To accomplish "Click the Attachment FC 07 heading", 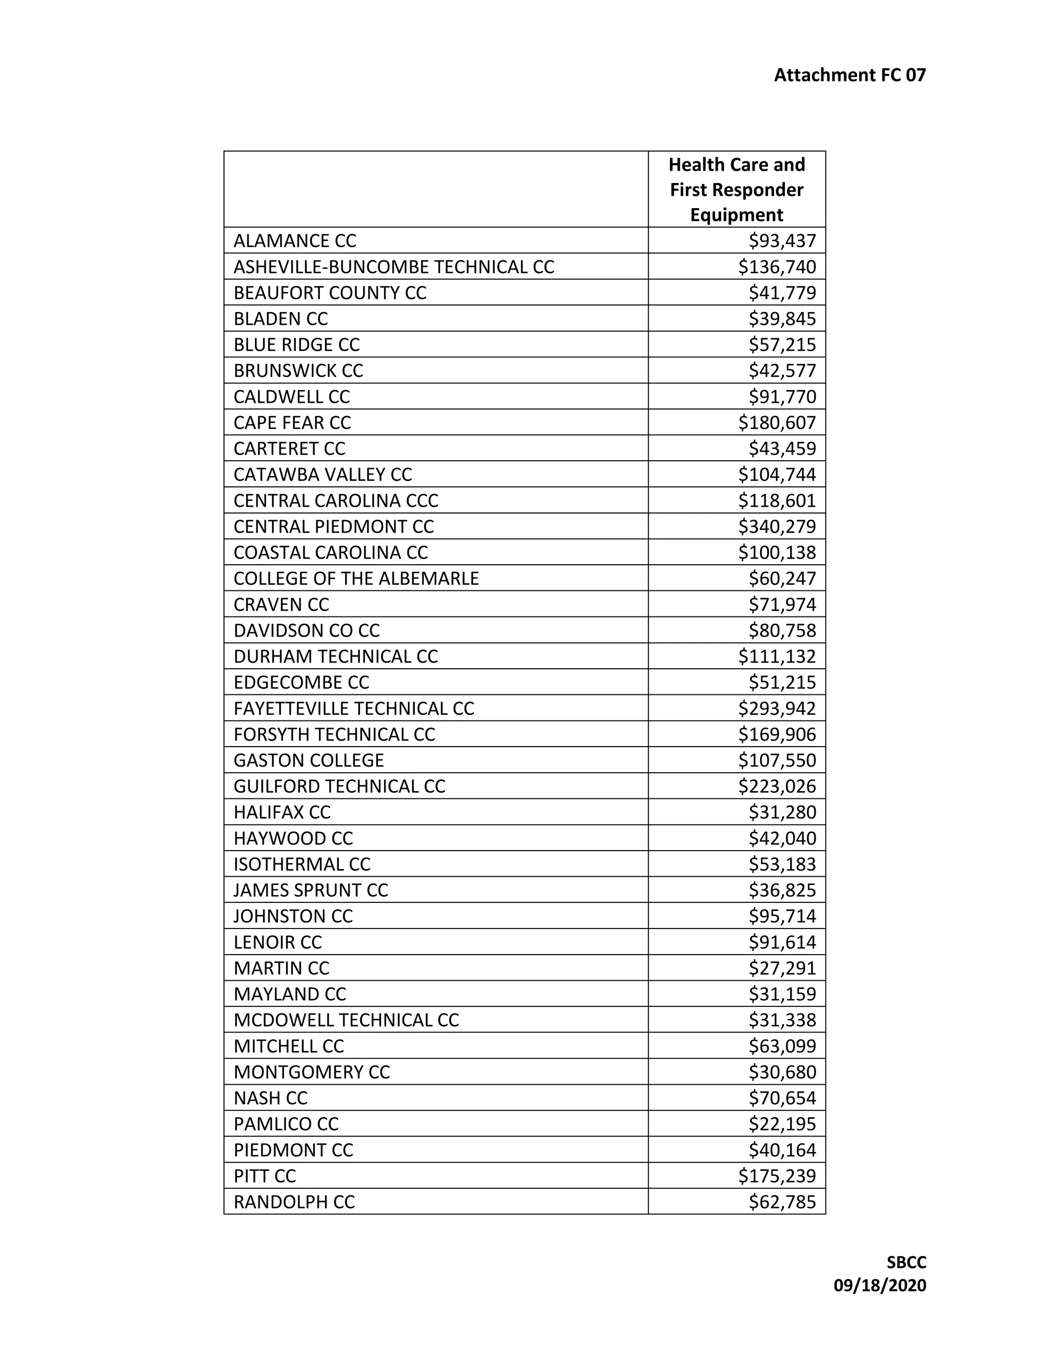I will pos(849,75).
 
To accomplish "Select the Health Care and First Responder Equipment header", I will pos(737,190).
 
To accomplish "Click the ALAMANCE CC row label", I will pos(295,241).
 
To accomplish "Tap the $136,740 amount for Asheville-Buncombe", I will pos(777,267).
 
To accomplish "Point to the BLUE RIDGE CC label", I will pos(297,344).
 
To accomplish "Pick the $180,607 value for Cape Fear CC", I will pos(777,423).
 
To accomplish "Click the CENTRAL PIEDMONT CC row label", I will pos(333,527).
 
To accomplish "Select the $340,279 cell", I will pos(777,527).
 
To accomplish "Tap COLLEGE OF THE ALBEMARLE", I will pos(356,578).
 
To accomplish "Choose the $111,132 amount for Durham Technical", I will pos(777,656).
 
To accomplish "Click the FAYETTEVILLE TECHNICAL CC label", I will pos(354,708).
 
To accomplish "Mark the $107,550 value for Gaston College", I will pos(777,760).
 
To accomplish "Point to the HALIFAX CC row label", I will pos(282,812).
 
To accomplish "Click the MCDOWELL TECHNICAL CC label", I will pos(346,1020).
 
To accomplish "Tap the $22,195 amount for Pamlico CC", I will pos(782,1124).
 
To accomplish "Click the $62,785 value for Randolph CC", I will pos(782,1202).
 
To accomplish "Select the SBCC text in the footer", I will pos(906,1263).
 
